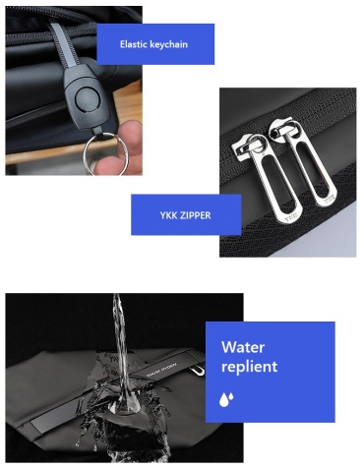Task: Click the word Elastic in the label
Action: [x=133, y=44]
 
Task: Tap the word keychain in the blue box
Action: [x=168, y=44]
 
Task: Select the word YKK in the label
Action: [x=167, y=215]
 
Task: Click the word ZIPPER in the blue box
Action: [x=194, y=215]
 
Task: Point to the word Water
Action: [x=243, y=347]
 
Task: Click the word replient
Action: [x=249, y=367]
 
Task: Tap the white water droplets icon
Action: [x=226, y=399]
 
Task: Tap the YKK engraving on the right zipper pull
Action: [x=330, y=199]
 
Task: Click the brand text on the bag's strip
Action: [x=161, y=369]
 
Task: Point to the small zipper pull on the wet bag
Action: [x=197, y=370]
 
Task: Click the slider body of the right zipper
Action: [x=282, y=130]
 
